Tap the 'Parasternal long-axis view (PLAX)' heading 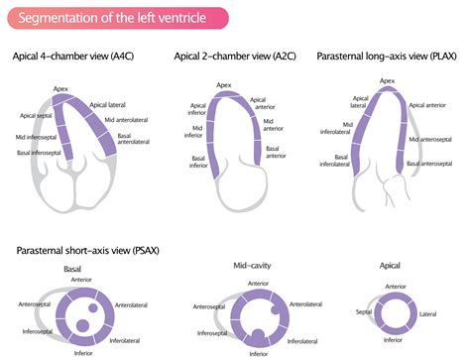389,57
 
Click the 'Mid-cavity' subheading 231,266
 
